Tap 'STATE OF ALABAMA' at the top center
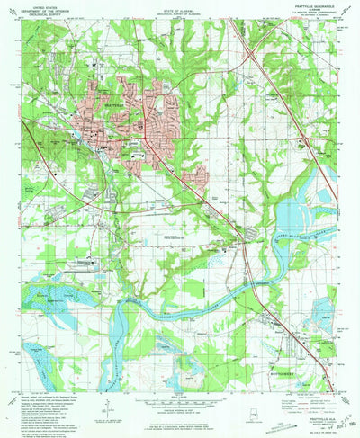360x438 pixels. point(180,5)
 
